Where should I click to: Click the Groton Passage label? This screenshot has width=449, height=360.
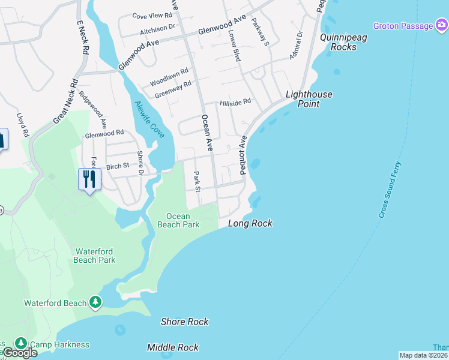tap(403, 26)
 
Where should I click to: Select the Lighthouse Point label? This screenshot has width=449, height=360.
tap(309, 99)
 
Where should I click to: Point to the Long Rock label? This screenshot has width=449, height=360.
tap(250, 224)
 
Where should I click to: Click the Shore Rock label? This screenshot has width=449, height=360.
tap(184, 322)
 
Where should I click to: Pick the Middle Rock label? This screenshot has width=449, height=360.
tap(173, 347)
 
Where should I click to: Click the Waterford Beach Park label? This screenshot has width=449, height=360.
tap(95, 256)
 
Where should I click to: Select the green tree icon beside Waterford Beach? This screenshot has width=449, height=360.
tap(95, 302)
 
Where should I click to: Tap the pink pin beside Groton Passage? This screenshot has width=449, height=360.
tap(441, 25)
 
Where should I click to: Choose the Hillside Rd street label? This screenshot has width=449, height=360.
tap(235, 103)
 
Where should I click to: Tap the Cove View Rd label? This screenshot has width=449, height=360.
tap(152, 16)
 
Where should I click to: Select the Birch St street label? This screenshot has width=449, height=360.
tap(118, 166)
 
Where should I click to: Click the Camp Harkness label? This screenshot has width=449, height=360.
tap(59, 344)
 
